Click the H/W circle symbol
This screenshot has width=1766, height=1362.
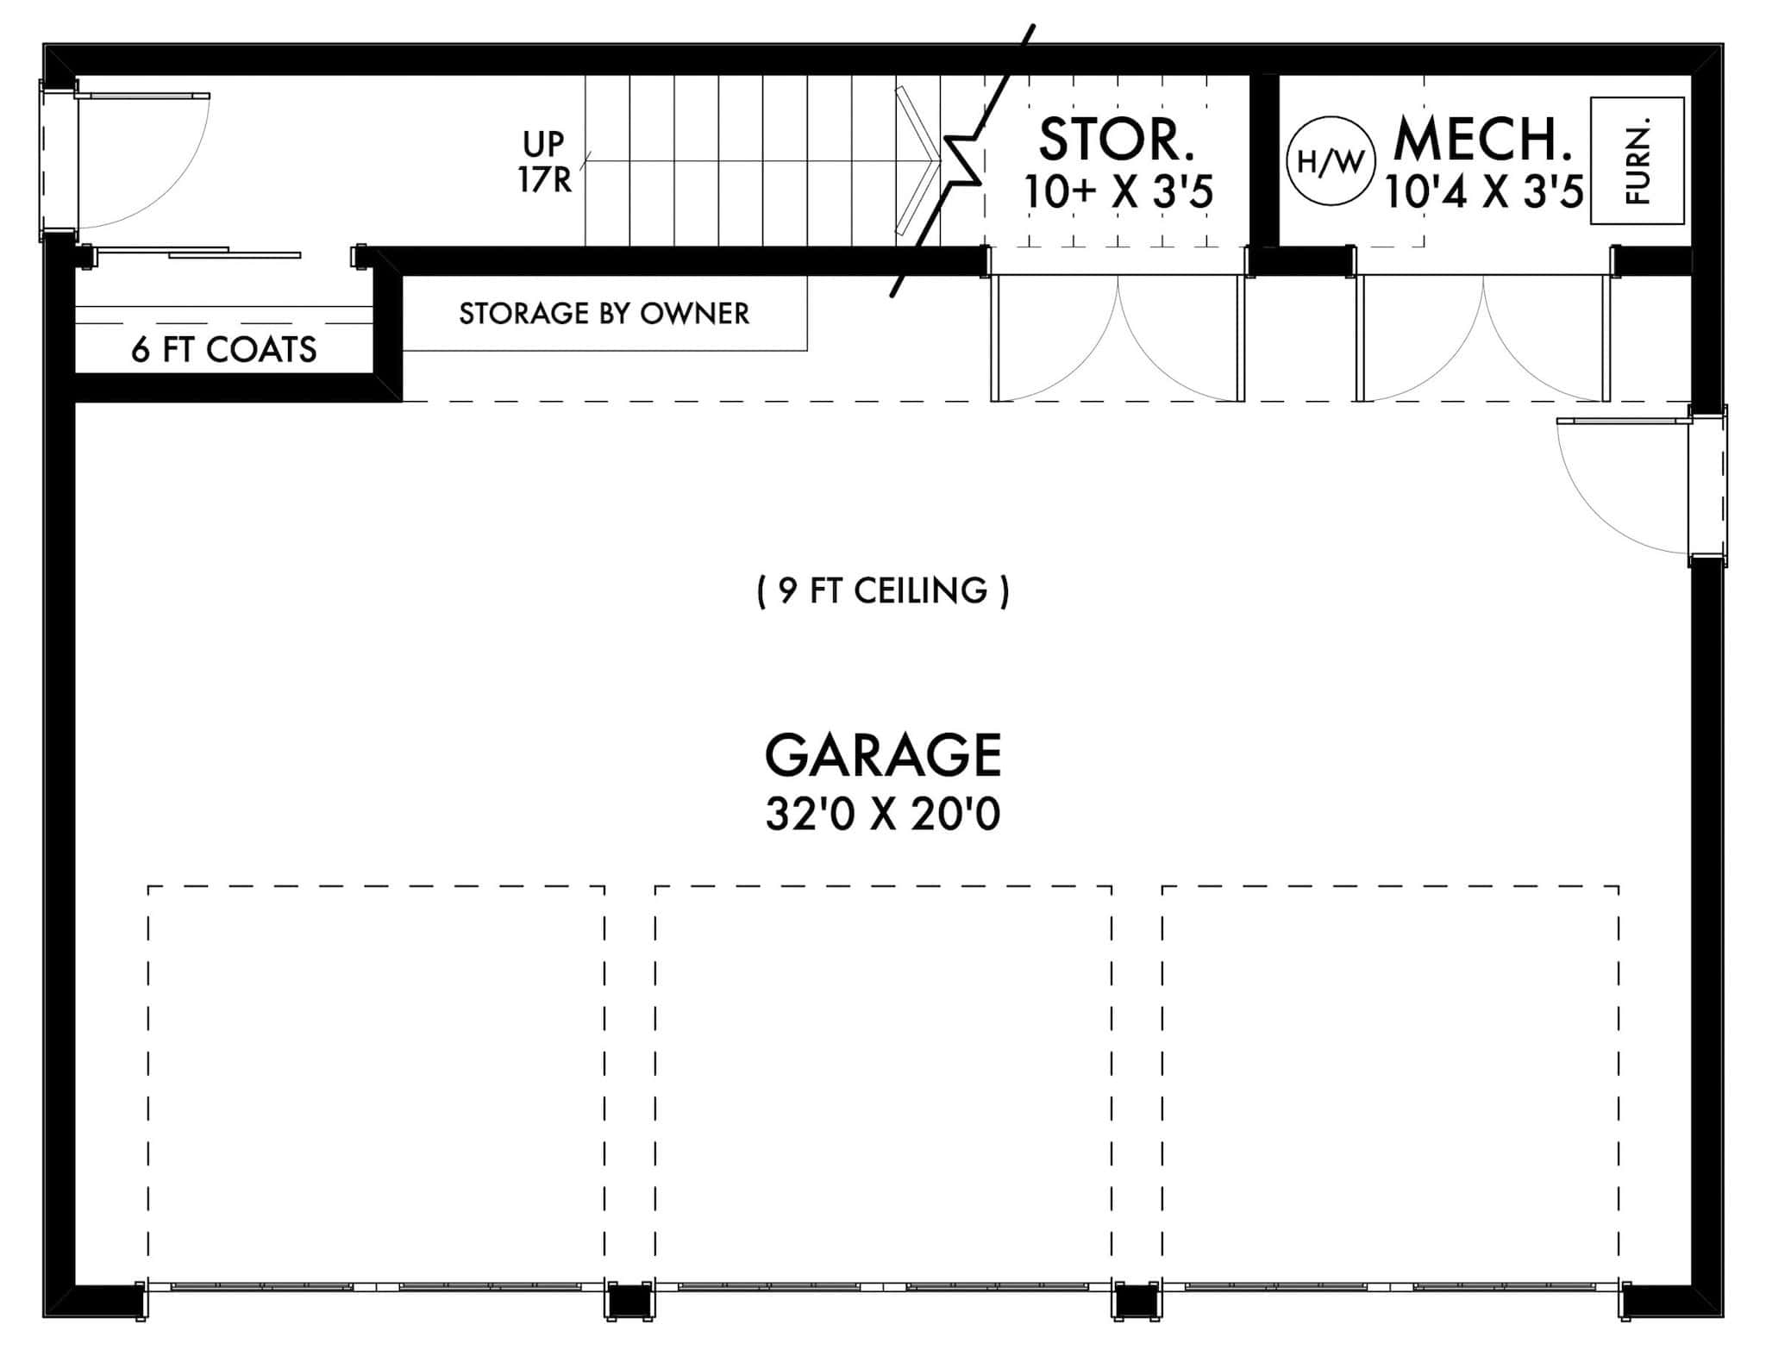pyautogui.click(x=1331, y=161)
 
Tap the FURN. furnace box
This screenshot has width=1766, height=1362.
pyautogui.click(x=1637, y=161)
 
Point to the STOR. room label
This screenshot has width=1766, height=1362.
pyautogui.click(x=1117, y=140)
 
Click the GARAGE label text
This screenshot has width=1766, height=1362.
pyautogui.click(x=883, y=755)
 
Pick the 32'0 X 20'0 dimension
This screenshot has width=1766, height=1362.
pyautogui.click(x=883, y=814)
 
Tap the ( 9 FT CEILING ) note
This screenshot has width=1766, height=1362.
pyautogui.click(x=883, y=591)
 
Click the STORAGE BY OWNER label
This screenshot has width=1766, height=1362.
pyautogui.click(x=604, y=314)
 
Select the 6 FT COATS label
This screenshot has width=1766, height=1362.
pyautogui.click(x=224, y=349)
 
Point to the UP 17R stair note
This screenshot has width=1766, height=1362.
pyautogui.click(x=544, y=161)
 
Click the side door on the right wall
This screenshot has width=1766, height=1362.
pyautogui.click(x=1621, y=487)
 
